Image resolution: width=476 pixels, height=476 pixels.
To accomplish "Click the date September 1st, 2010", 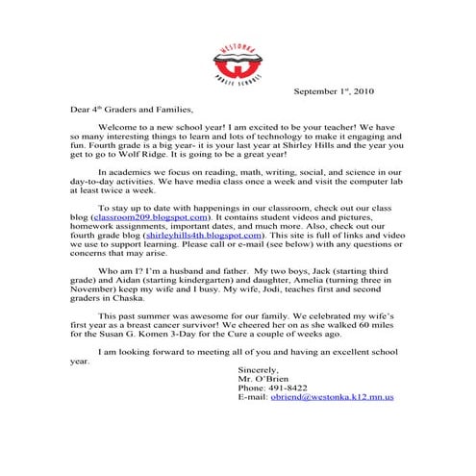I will (x=340, y=91).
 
